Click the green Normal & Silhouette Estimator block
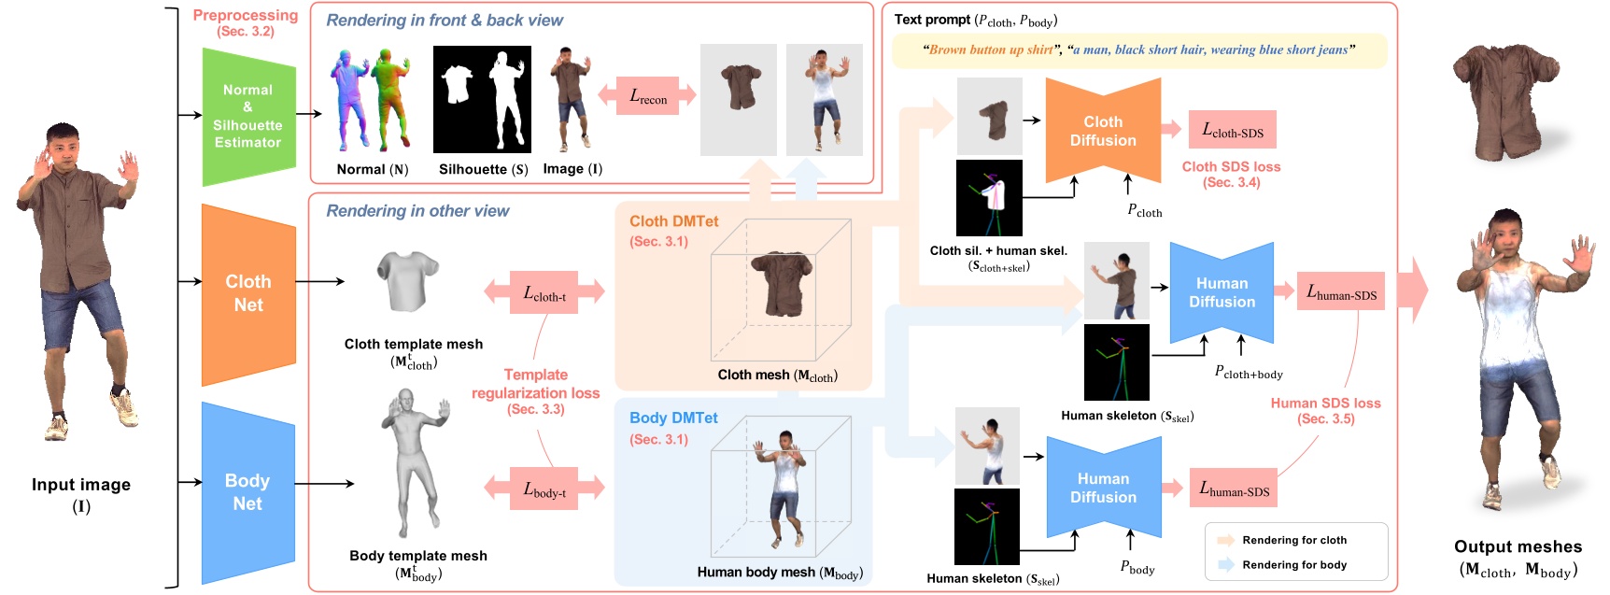(248, 116)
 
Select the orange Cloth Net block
(248, 293)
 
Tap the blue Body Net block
(247, 491)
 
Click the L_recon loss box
(647, 96)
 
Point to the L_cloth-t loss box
(544, 292)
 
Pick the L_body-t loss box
(544, 489)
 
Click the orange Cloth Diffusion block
(1103, 131)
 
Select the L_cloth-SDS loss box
(1232, 131)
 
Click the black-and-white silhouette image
(482, 99)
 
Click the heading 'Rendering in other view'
(417, 211)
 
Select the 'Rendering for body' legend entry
(1293, 565)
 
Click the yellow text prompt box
(1138, 50)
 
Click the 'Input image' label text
(81, 485)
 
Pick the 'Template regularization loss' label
(535, 384)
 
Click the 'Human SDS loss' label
(1325, 404)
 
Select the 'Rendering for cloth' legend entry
(1293, 540)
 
